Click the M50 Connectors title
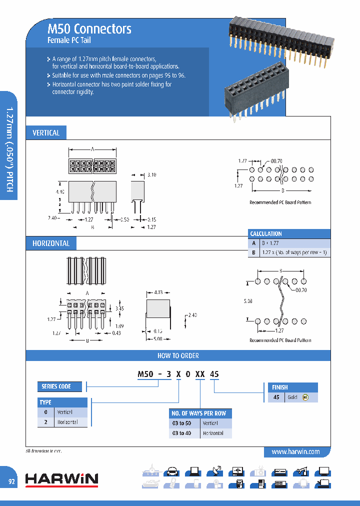tap(89, 29)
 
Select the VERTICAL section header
tap(46, 133)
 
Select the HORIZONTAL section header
tap(50, 243)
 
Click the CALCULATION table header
tap(266, 233)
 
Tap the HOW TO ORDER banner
tap(178, 355)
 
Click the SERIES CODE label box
tap(56, 386)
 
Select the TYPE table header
tap(45, 402)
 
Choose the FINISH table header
tap(280, 387)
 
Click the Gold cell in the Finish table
tap(292, 397)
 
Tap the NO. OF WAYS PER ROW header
tap(199, 413)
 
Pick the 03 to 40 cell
tap(181, 433)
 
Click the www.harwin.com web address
tap(295, 451)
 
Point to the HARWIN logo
tap(61, 479)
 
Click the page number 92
tap(11, 481)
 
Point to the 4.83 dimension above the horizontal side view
tap(158, 291)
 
